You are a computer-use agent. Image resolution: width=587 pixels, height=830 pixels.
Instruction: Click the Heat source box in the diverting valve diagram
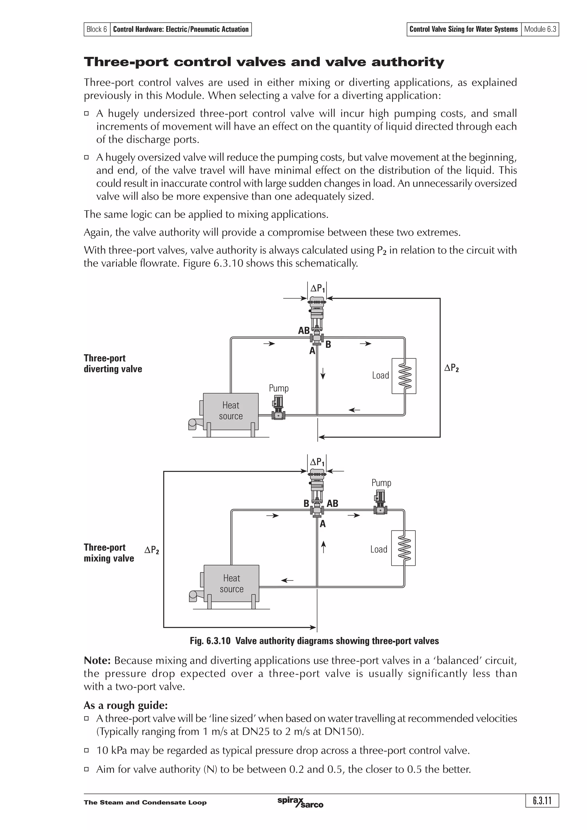(x=230, y=411)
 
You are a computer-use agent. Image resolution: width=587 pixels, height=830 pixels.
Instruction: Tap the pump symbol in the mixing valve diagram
(x=380, y=502)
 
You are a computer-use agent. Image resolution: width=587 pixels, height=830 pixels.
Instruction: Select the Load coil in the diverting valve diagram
(x=404, y=376)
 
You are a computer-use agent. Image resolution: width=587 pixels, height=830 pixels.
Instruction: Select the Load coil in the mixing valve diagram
(x=403, y=548)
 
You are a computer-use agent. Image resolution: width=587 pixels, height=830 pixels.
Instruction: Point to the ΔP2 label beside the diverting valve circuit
(x=451, y=368)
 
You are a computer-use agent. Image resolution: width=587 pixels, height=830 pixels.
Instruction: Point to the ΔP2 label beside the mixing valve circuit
(x=152, y=550)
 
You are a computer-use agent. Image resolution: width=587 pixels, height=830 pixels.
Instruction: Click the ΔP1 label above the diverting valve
(x=317, y=288)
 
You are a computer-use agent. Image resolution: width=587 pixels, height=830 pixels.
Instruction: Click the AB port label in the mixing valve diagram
(x=332, y=503)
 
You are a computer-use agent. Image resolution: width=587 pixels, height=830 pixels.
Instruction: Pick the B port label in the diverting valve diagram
(x=328, y=345)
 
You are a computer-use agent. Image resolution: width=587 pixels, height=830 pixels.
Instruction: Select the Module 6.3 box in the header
(x=540, y=29)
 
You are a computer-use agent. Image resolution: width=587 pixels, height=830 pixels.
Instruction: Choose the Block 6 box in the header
(x=97, y=29)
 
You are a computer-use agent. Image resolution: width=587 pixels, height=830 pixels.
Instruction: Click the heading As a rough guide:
(x=126, y=705)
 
